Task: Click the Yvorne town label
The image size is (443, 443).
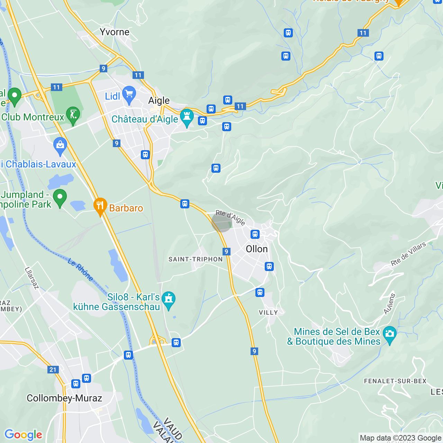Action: coord(115,32)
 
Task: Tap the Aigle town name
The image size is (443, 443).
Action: coord(159,101)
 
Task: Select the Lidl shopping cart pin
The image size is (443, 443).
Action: coord(129,94)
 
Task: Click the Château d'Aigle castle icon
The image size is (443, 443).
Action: coord(187,117)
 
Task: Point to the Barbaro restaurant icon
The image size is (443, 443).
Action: coord(100,206)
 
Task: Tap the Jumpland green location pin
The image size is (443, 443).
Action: coord(60,198)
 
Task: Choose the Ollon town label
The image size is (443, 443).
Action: coord(257,249)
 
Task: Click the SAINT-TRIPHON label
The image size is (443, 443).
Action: coord(196,259)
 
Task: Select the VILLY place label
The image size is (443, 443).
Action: coord(269,313)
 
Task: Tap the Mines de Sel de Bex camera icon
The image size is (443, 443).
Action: coord(390,334)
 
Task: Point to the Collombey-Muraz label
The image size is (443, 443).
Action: coord(64,398)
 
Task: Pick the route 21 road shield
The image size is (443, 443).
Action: coord(53,370)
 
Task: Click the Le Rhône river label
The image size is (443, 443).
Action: coord(80,270)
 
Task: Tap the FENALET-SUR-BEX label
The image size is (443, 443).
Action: coord(395,381)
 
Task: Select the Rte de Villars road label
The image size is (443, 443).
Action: coord(408,254)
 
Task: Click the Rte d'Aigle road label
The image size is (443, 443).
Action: coord(230,217)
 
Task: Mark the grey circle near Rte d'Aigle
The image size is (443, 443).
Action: coord(221,223)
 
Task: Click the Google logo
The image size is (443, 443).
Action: coord(23,435)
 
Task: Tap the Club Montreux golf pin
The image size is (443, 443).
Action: coord(73,115)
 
